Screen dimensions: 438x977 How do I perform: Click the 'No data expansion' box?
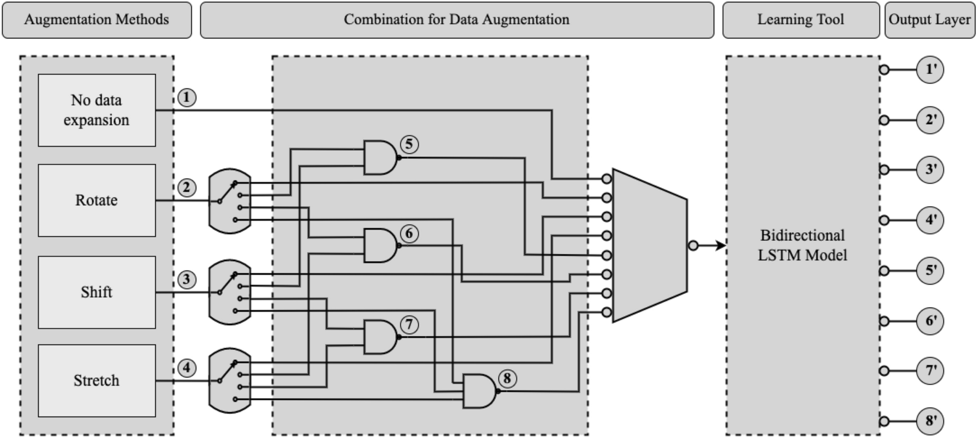pos(96,110)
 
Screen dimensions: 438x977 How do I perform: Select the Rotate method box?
pos(96,200)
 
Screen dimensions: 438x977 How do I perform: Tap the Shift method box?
pos(96,292)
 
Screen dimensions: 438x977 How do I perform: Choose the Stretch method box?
pos(96,380)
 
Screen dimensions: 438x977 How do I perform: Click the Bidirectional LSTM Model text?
pos(802,245)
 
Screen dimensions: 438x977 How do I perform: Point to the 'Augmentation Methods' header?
pos(96,20)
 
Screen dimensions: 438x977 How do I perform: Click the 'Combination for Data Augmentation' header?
pos(457,20)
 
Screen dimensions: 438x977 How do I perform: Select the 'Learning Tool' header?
pos(800,20)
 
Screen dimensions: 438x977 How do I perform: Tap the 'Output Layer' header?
pos(929,20)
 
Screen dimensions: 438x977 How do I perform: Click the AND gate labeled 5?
pos(380,157)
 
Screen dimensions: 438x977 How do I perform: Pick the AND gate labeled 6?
pos(380,245)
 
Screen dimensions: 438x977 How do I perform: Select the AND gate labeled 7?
pos(380,337)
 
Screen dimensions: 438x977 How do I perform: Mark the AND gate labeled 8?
pos(479,391)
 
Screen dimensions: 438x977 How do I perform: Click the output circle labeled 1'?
pos(929,69)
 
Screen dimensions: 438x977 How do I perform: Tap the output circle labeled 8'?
pos(929,421)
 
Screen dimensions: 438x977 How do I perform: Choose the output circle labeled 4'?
pos(929,220)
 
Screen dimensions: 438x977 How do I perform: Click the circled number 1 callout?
pos(187,98)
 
